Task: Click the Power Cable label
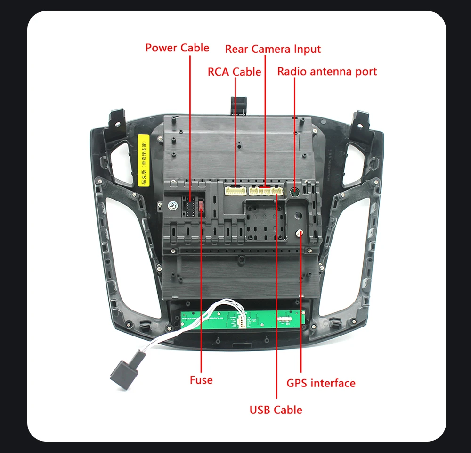pos(177,48)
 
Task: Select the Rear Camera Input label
pos(273,49)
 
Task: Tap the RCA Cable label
pos(234,72)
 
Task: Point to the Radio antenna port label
pos(327,72)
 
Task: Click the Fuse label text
pos(201,380)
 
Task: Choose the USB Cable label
pos(276,410)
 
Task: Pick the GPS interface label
pos(321,383)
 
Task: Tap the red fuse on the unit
pos(202,206)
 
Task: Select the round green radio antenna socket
pos(294,192)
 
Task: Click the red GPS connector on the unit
pos(300,234)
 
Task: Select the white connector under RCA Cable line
pos(235,191)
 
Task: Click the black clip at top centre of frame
pos(239,104)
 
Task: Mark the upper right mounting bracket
pos(363,122)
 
